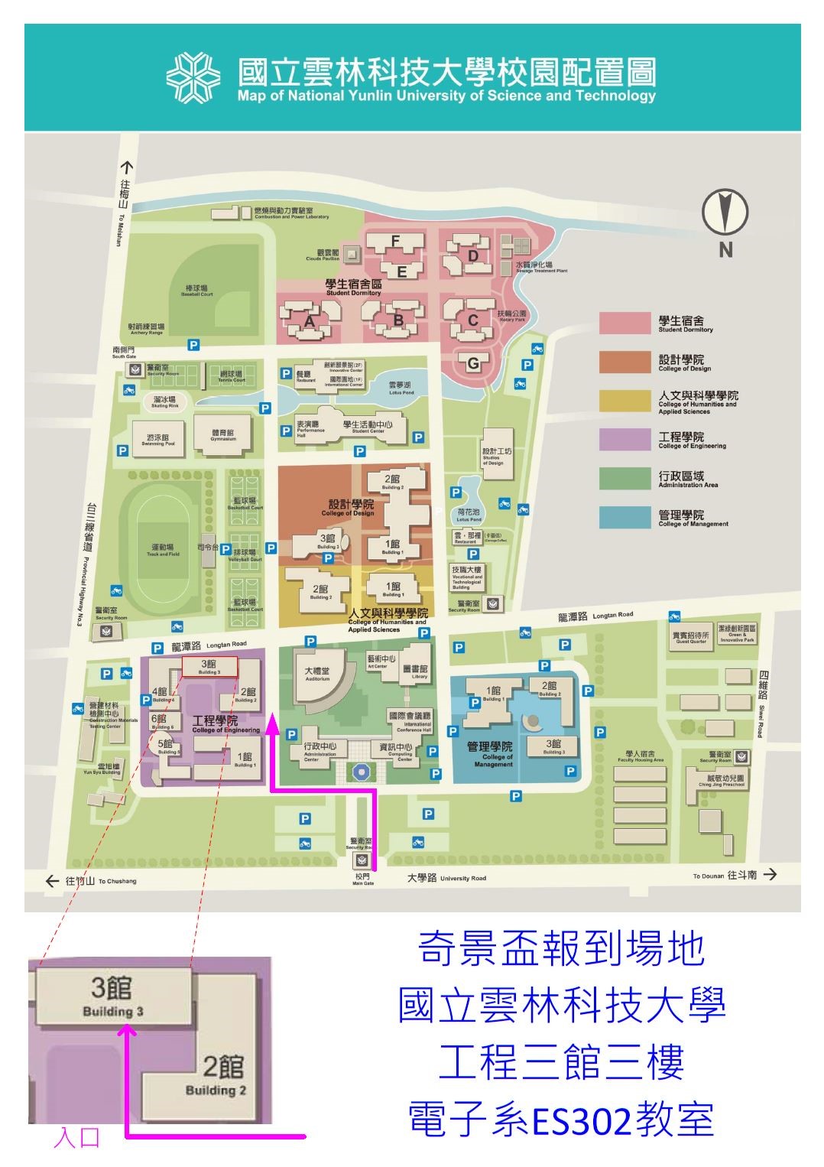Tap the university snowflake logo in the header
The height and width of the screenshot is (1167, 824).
tap(193, 77)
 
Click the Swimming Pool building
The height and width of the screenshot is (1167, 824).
tap(159, 440)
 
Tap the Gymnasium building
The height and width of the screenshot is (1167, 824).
tap(223, 435)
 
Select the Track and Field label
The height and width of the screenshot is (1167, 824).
tap(163, 550)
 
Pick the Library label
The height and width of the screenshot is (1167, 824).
tap(420, 671)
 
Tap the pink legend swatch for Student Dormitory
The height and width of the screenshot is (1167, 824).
tap(624, 323)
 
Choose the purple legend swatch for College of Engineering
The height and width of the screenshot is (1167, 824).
tap(624, 440)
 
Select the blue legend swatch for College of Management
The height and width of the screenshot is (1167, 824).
tap(624, 518)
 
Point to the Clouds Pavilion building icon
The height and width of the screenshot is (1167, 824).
tap(351, 254)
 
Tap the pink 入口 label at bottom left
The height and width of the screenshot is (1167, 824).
tap(76, 1137)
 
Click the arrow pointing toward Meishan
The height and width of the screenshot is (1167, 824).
tap(126, 168)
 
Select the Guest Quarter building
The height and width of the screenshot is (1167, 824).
tap(691, 637)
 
